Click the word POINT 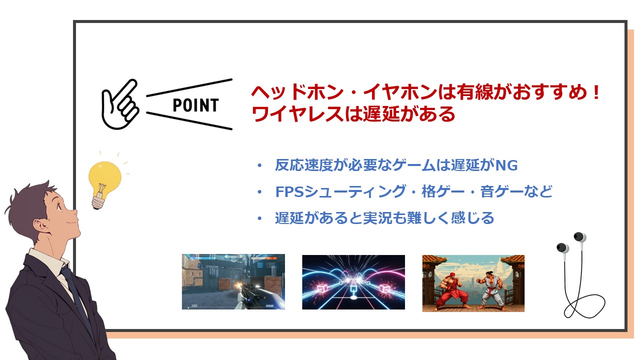(x=195, y=105)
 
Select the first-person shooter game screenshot (x=233, y=281)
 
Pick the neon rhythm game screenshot (x=353, y=282)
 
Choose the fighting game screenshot (x=473, y=283)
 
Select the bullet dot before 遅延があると (x=258, y=218)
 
